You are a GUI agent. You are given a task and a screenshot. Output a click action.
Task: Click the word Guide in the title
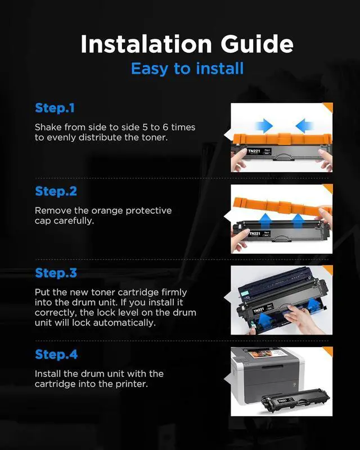[257, 44]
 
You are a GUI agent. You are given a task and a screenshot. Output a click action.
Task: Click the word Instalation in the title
[146, 44]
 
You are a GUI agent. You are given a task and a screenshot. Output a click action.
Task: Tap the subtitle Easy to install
[187, 69]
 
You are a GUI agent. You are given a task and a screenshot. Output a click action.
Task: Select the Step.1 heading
[55, 108]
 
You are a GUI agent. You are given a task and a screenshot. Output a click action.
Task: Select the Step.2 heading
[56, 191]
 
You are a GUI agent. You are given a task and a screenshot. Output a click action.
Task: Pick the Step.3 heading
[56, 273]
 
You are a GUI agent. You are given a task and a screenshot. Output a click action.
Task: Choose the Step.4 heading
[56, 354]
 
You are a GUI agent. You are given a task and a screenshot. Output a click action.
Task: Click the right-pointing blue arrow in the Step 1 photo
[264, 125]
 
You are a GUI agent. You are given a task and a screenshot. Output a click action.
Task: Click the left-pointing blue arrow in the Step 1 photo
[304, 125]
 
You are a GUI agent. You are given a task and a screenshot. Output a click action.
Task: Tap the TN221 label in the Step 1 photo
[254, 151]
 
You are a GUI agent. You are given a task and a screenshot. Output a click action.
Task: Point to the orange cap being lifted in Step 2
[281, 206]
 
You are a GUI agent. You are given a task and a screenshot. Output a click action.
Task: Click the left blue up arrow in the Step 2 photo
[266, 221]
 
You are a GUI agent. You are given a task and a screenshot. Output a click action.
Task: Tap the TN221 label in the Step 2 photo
[255, 233]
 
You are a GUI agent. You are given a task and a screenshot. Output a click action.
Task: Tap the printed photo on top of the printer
[260, 354]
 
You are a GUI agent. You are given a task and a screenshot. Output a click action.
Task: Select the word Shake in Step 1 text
[48, 127]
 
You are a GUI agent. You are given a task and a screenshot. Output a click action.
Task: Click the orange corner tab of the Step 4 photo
[328, 350]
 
